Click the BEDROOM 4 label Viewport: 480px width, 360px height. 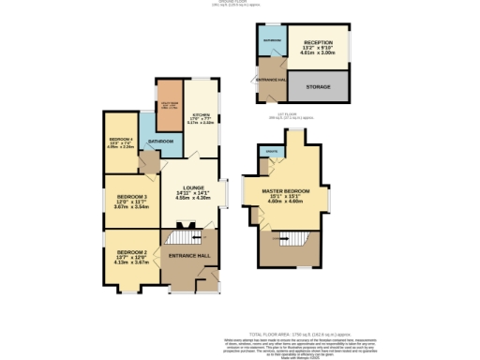pos(121,141)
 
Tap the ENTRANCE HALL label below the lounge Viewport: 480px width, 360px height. pos(188,255)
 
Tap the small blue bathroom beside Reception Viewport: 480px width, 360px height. pos(272,41)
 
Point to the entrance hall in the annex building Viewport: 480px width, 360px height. pos(272,81)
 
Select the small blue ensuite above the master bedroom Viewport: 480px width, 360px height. pos(273,153)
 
